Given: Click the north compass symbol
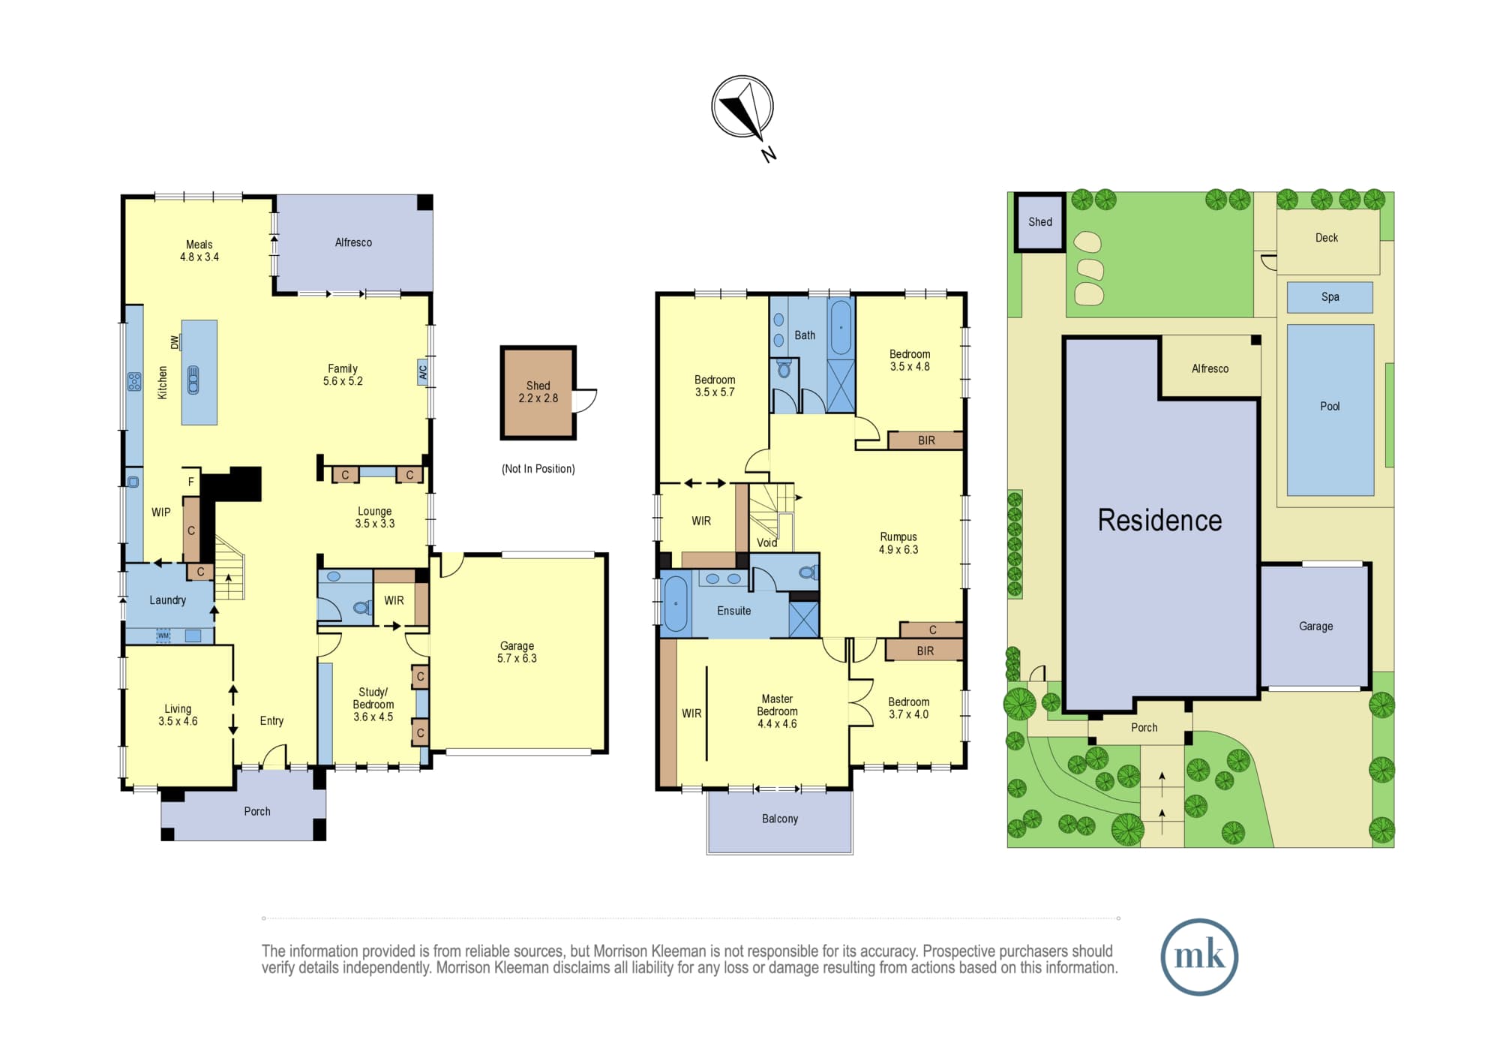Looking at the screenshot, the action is point(742,107).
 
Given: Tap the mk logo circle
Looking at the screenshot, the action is point(1198,957).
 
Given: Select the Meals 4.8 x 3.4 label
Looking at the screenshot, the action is point(199,251).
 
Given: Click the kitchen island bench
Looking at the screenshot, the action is point(199,372).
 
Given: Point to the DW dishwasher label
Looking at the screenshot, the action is point(175,342).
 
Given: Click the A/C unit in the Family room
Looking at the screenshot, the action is point(423,372).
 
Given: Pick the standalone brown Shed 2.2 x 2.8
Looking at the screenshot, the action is point(538,392).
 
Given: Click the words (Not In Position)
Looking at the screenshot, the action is point(538,469).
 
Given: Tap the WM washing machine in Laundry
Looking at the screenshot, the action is point(163,636).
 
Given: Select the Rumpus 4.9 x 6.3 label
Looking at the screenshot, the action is point(898,543).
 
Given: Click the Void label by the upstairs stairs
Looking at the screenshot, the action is point(766,543).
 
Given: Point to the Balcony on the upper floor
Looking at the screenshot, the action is point(780,822).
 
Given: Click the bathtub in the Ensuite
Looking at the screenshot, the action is point(676,604).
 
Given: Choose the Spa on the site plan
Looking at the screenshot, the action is point(1330,297).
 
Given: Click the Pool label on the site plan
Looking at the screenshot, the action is point(1330,406).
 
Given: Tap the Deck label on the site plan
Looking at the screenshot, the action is point(1327,238).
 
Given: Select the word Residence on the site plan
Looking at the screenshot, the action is point(1159,520).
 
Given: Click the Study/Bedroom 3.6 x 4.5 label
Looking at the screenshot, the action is point(373,704).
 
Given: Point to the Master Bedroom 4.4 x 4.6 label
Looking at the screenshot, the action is point(777,711).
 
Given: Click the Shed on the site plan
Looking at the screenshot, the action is point(1040,222).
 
